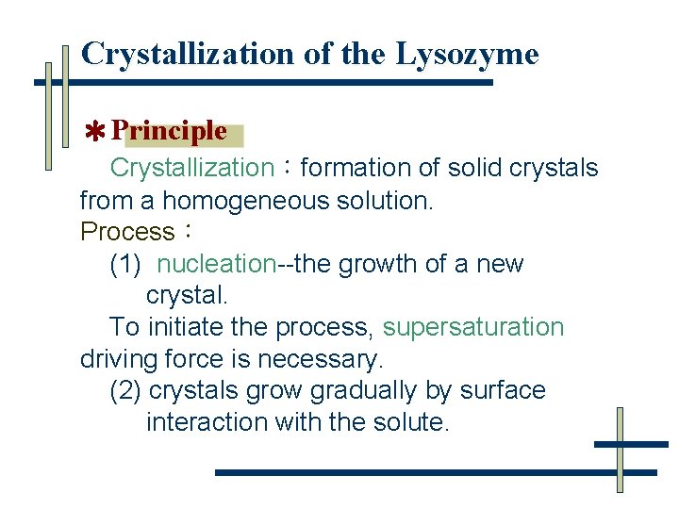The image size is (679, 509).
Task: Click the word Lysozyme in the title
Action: (x=467, y=55)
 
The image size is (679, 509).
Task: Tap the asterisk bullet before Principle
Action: (x=94, y=132)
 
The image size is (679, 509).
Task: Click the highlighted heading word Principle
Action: (x=169, y=131)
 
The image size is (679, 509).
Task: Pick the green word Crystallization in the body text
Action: (x=191, y=169)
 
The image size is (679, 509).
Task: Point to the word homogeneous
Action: (x=240, y=201)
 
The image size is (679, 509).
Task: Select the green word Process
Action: (x=127, y=232)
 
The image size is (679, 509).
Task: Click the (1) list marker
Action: (x=125, y=265)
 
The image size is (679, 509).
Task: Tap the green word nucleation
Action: (x=217, y=265)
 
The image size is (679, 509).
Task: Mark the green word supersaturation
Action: (x=473, y=328)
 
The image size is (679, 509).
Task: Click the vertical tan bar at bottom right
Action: (x=620, y=450)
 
